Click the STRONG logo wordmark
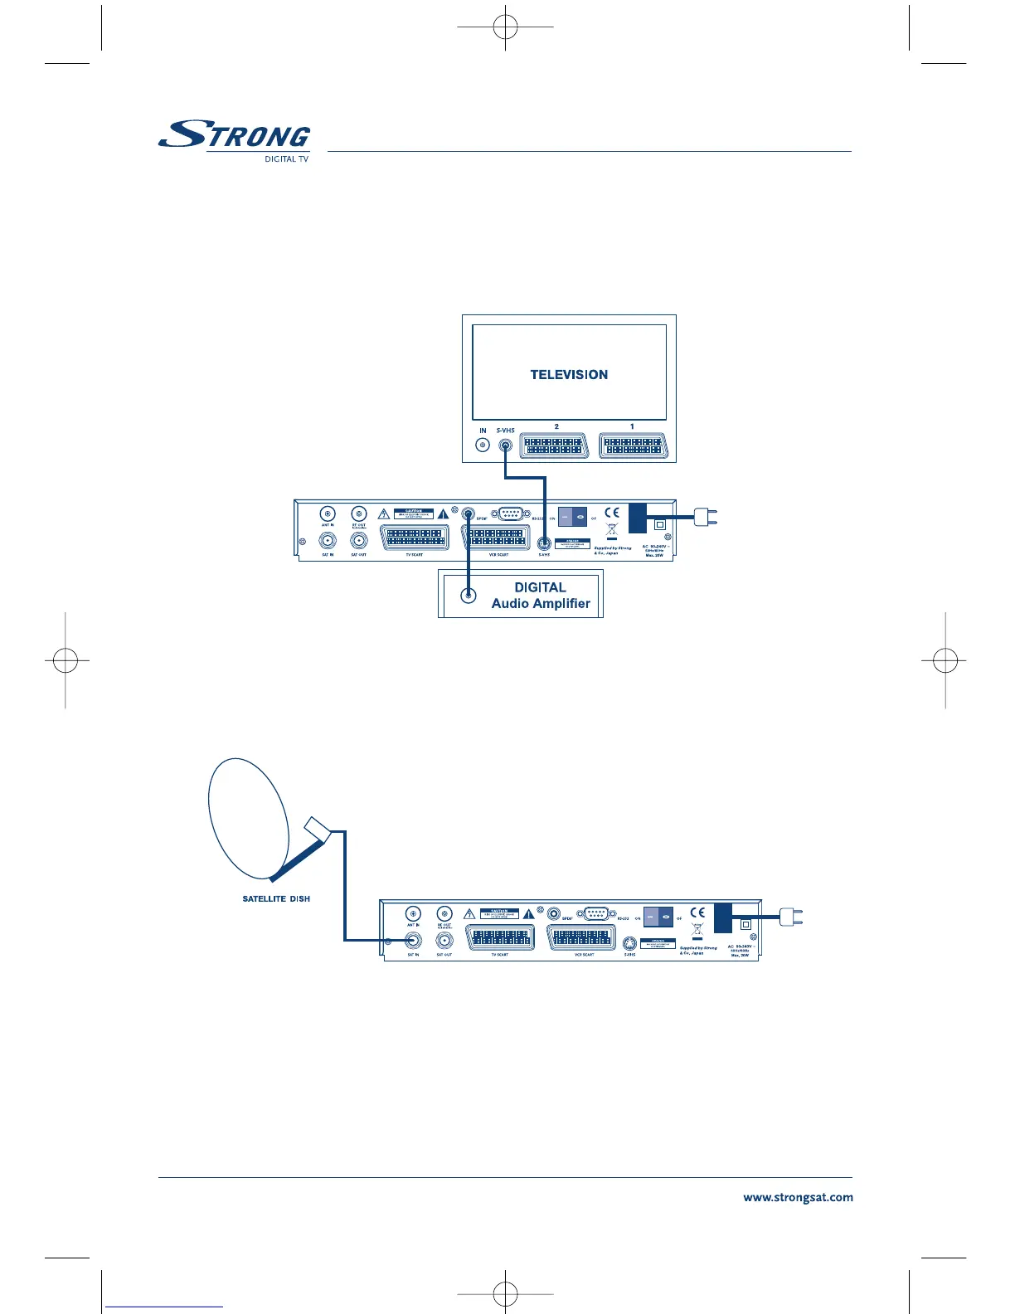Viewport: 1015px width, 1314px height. pyautogui.click(x=235, y=135)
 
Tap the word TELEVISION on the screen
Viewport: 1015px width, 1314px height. pyautogui.click(x=569, y=375)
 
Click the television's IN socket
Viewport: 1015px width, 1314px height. pyautogui.click(x=483, y=445)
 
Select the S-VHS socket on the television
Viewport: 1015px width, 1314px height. pyautogui.click(x=505, y=445)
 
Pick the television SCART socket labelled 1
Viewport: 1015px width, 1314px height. pyautogui.click(x=633, y=445)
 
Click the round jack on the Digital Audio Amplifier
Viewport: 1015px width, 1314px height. pyautogui.click(x=469, y=595)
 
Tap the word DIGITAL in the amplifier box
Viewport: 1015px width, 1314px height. pyautogui.click(x=540, y=587)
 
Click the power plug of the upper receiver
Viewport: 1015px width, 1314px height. pyautogui.click(x=705, y=518)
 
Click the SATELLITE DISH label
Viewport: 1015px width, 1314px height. pyautogui.click(x=276, y=898)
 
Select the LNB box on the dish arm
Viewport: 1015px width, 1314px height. pyautogui.click(x=318, y=829)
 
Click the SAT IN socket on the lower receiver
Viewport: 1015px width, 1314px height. pyautogui.click(x=413, y=941)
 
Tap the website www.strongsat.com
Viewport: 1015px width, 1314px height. pyautogui.click(x=798, y=1198)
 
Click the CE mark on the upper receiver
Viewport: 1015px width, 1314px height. pyautogui.click(x=612, y=513)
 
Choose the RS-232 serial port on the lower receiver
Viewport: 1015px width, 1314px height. pyautogui.click(x=596, y=914)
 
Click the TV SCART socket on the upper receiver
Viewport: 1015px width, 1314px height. pyautogui.click(x=415, y=538)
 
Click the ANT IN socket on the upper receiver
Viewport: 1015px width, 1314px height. pyautogui.click(x=328, y=513)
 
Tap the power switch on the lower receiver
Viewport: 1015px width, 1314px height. pyautogui.click(x=658, y=917)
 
